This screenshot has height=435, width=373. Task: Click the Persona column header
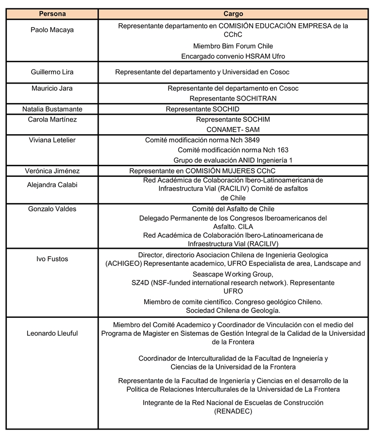click(x=52, y=15)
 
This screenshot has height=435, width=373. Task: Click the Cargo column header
click(x=234, y=15)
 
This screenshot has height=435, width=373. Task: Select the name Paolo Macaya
click(x=52, y=30)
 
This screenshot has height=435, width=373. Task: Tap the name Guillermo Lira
click(x=52, y=72)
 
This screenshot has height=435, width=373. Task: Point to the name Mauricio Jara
click(x=52, y=88)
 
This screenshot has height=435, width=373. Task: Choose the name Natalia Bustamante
click(x=52, y=109)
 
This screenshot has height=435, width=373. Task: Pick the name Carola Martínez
click(x=52, y=119)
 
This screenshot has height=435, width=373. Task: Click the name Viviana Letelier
click(x=52, y=140)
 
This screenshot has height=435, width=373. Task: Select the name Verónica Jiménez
click(x=52, y=171)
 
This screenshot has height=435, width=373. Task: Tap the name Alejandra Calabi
click(x=52, y=184)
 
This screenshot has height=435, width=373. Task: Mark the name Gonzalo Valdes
click(x=52, y=209)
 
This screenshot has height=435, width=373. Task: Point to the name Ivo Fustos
click(x=52, y=259)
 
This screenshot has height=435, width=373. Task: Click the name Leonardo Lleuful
click(x=52, y=333)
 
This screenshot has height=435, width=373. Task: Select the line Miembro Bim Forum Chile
click(x=234, y=46)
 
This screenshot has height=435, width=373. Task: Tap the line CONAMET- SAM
click(x=233, y=129)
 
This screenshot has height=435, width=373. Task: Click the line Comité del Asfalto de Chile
click(x=233, y=209)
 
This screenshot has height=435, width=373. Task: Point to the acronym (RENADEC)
click(x=233, y=411)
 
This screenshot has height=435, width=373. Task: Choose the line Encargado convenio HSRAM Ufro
click(x=233, y=56)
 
